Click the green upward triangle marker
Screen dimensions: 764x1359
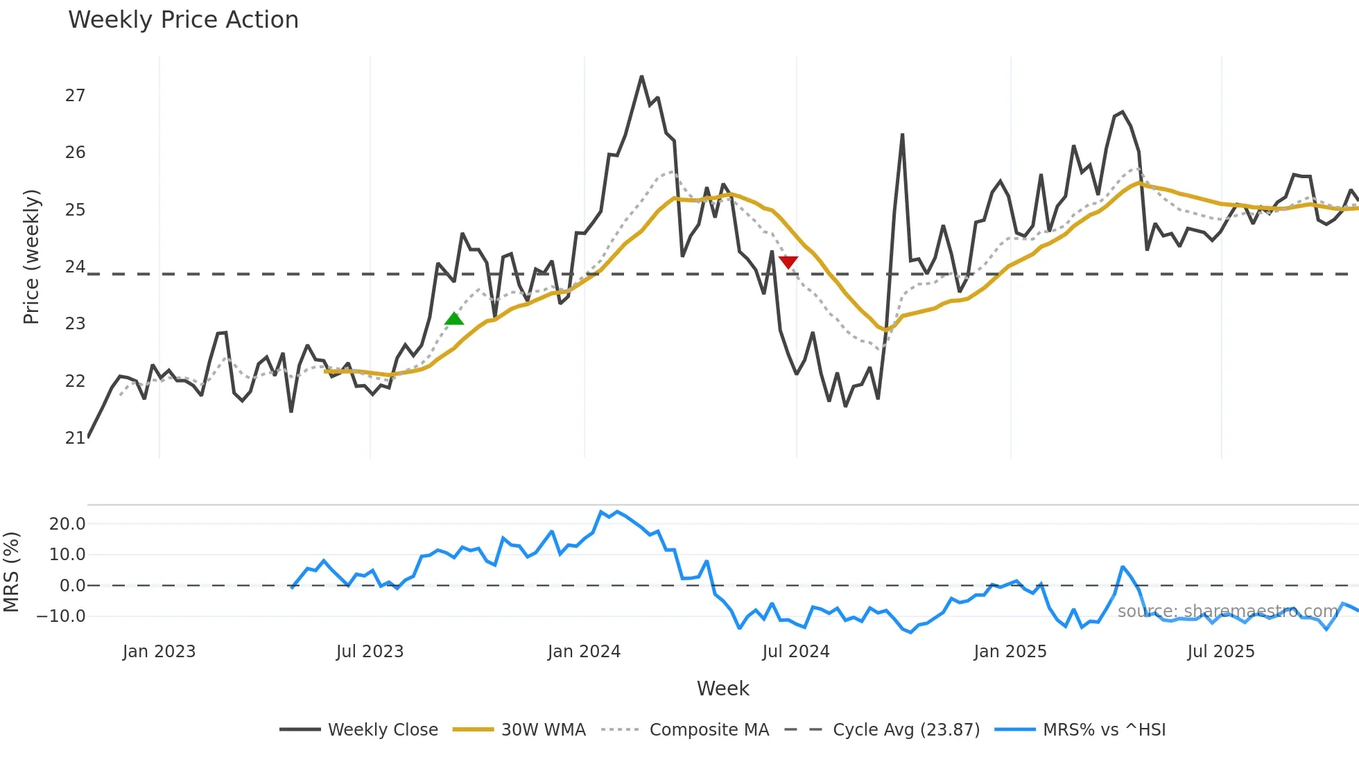point(454,319)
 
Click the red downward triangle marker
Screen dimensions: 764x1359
point(788,261)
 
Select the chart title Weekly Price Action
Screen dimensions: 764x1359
point(183,19)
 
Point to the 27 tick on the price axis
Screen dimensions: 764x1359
point(75,96)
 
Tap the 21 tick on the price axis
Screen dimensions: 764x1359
point(75,438)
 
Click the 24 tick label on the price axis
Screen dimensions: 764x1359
point(75,267)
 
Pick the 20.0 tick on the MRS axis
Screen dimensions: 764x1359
point(67,524)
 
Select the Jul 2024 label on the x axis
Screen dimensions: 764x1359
point(796,652)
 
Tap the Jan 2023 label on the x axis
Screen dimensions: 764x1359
point(159,652)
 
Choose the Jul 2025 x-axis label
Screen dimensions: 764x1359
point(1221,652)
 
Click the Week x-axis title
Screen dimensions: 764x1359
point(722,688)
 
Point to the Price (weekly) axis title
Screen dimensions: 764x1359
point(31,257)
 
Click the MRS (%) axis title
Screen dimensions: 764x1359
point(11,572)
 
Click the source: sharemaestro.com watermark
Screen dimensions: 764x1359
point(1227,611)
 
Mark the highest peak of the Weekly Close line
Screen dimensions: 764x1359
point(641,76)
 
